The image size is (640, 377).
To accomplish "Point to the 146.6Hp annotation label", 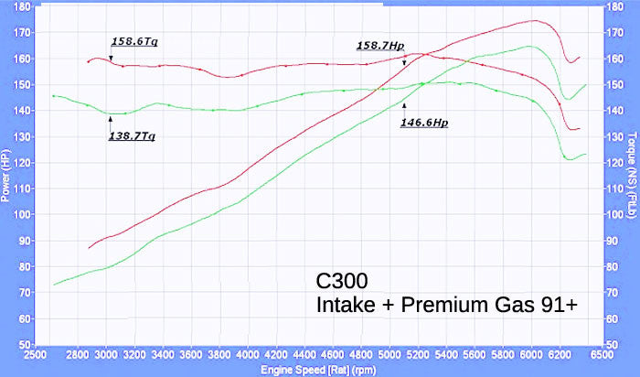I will point(424,121).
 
